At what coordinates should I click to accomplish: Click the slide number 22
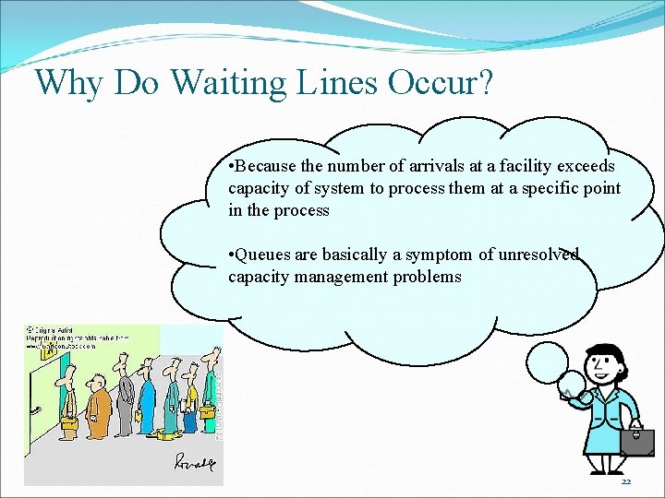625,482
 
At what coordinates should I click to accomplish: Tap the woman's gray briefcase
636,442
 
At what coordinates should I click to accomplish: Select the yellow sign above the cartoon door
42,352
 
